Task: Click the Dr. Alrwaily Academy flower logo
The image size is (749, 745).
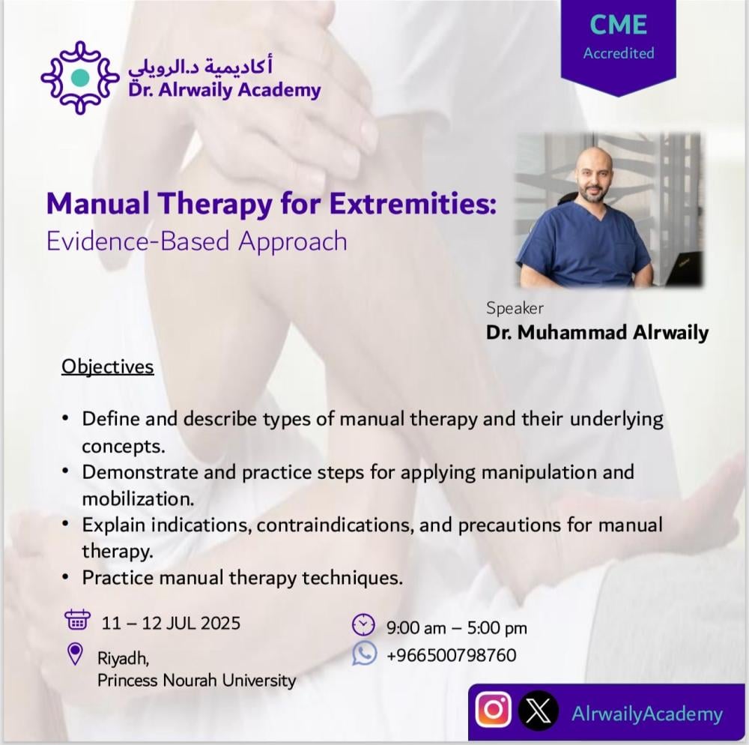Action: point(80,77)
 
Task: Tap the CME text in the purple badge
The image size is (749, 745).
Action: point(619,25)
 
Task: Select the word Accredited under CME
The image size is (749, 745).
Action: point(619,53)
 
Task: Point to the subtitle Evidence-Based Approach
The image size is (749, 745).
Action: point(197,241)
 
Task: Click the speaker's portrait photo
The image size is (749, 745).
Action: point(608,211)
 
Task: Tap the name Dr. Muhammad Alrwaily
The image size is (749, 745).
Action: point(597,333)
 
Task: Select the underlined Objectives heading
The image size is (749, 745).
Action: point(107,367)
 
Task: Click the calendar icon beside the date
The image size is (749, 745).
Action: point(77,620)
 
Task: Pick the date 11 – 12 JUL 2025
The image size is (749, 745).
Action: point(171,623)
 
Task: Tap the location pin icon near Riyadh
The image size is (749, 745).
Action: point(75,654)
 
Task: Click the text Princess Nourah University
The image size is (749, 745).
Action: point(197,680)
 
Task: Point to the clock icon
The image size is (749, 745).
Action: point(363,624)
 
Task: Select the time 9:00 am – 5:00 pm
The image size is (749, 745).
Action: point(457,627)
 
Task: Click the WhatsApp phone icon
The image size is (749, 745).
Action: point(365,654)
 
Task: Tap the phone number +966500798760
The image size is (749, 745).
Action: point(452,654)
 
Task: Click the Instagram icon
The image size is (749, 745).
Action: point(494,710)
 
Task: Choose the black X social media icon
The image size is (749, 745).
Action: point(539,711)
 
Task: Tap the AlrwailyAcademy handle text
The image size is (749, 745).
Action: point(647,714)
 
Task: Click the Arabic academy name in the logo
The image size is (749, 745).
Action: point(200,67)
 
